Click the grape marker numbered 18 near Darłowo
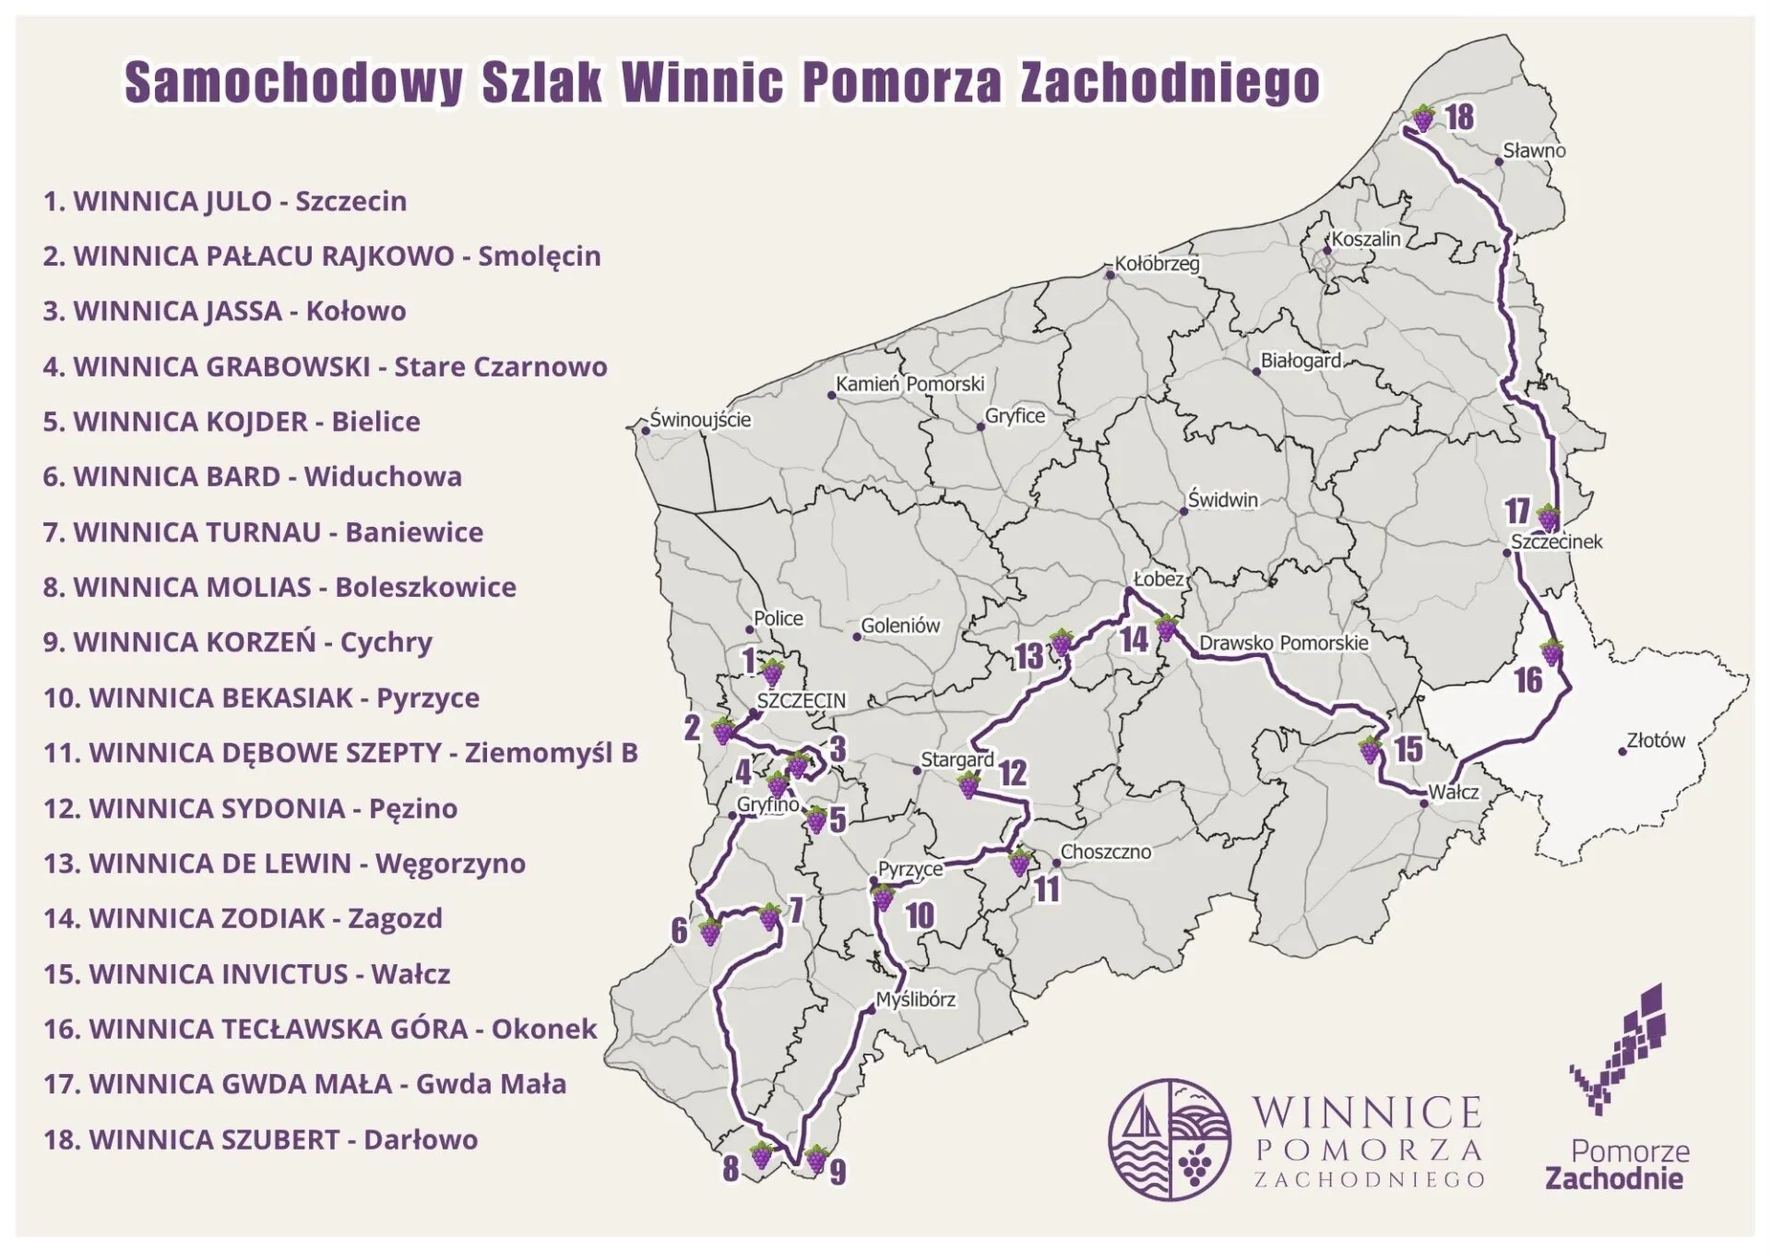[1422, 118]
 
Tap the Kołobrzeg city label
[1156, 264]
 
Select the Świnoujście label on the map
[700, 420]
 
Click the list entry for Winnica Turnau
[263, 532]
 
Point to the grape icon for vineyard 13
[1062, 641]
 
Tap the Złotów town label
[1655, 740]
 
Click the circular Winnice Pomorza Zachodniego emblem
[1170, 1139]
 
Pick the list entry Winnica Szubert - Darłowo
[260, 1139]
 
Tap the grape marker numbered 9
[815, 1158]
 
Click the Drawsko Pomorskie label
[1283, 643]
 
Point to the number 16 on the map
[1528, 681]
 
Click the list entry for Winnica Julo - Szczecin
[224, 201]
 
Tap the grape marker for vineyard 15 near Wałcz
[1370, 749]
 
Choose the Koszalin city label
[1365, 239]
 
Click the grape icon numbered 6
[709, 932]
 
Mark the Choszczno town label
[1105, 852]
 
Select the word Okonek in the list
[544, 1029]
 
